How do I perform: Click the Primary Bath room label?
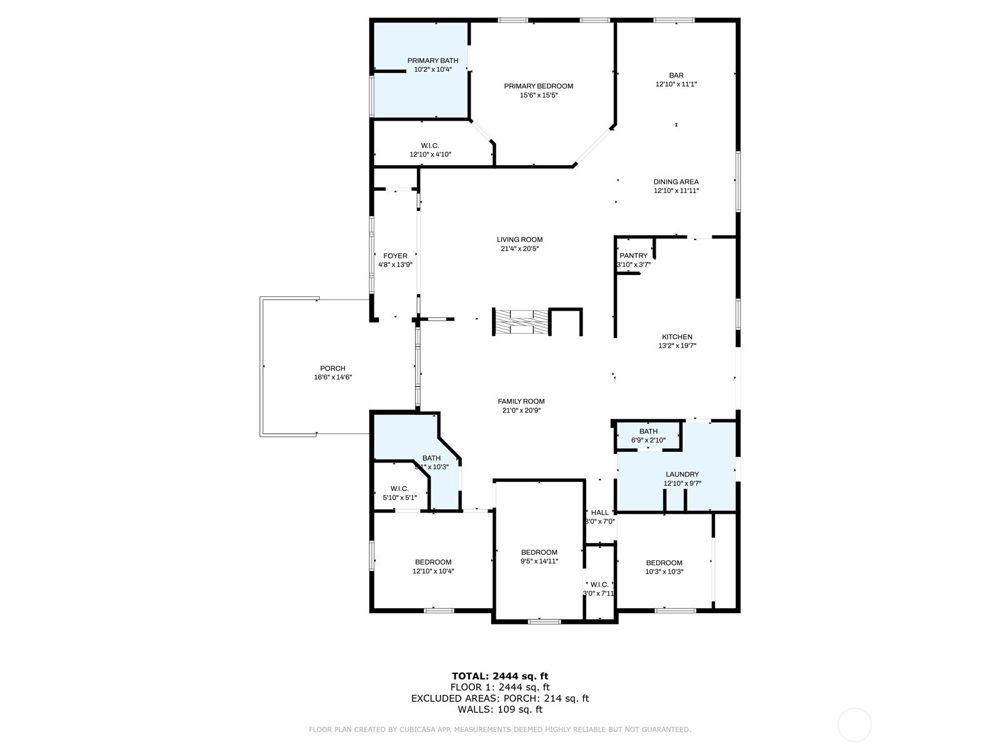click(x=432, y=61)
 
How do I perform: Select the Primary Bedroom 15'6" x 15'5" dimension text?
click(x=538, y=96)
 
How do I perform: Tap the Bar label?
click(x=676, y=76)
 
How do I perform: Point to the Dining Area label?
click(x=676, y=182)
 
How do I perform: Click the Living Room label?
click(x=519, y=239)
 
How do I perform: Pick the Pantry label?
click(x=633, y=256)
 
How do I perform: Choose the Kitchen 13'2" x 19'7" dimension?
click(x=677, y=346)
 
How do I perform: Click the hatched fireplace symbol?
click(x=521, y=322)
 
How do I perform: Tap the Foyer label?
click(x=395, y=256)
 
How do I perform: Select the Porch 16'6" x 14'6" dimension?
click(x=332, y=377)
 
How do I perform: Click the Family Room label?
click(x=521, y=401)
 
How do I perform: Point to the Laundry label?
click(x=681, y=474)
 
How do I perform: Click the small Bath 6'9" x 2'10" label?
click(x=648, y=431)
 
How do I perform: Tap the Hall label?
click(x=599, y=512)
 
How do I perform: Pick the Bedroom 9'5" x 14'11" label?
click(x=539, y=552)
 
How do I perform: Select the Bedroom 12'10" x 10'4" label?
click(x=432, y=562)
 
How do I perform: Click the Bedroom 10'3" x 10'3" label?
click(x=664, y=562)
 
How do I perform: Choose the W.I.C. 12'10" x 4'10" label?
click(x=430, y=146)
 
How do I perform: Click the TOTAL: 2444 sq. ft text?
click(x=499, y=676)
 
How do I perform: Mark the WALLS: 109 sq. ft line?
click(x=499, y=709)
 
